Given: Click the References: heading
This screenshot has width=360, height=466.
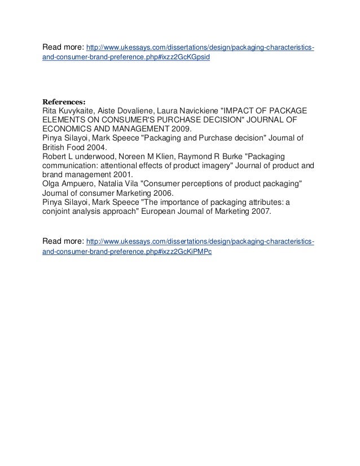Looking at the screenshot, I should (64, 102).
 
